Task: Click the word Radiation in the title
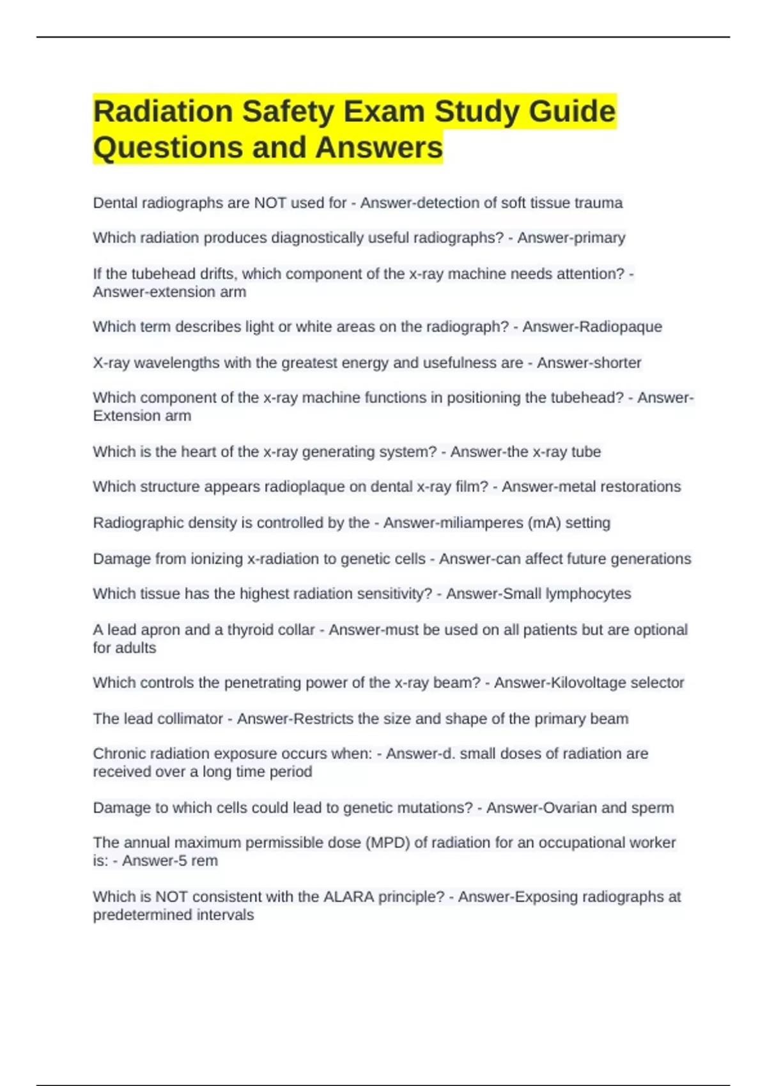coord(163,112)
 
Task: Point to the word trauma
coord(598,203)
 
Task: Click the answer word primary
coord(605,238)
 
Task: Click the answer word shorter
coord(617,363)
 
